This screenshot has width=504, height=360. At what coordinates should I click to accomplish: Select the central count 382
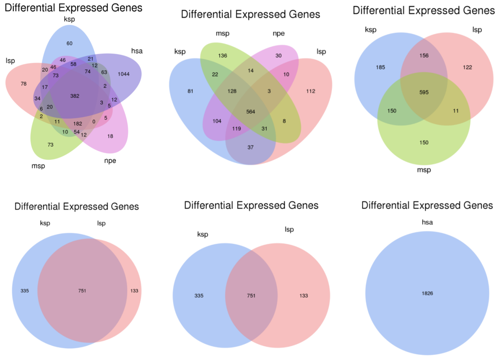tap(75, 96)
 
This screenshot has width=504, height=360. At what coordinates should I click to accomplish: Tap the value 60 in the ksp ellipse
tap(69, 43)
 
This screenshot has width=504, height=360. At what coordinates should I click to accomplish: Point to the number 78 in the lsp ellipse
tap(24, 84)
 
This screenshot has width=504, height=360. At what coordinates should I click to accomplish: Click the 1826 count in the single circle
tap(427, 293)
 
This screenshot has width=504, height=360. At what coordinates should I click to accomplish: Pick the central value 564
tap(251, 112)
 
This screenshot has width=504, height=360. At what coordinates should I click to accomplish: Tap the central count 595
tap(424, 92)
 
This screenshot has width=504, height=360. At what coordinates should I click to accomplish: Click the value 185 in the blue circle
tap(381, 67)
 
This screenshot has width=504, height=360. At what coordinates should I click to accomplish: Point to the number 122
tap(467, 67)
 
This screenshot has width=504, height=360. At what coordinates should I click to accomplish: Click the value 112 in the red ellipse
tap(311, 91)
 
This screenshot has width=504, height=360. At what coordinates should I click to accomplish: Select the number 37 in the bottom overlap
tap(250, 147)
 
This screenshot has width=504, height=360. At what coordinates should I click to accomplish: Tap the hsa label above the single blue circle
tap(427, 222)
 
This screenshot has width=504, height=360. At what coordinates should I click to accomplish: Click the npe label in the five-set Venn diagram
tap(110, 160)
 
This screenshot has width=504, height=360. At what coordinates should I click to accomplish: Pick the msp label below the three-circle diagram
tap(424, 170)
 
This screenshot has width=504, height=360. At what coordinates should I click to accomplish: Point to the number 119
tap(236, 129)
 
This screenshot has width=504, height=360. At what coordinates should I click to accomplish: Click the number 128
tap(232, 91)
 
